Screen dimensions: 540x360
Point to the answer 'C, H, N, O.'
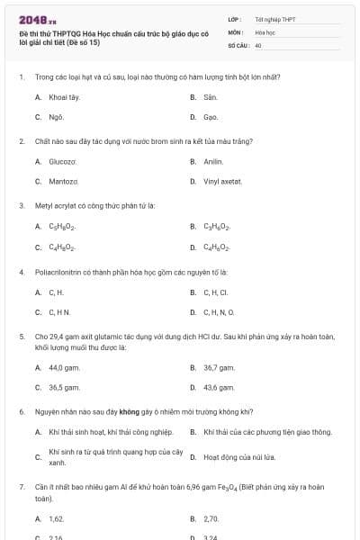pos(219,312)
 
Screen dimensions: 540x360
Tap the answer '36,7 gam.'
pos(220,367)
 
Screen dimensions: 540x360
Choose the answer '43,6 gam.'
pos(220,387)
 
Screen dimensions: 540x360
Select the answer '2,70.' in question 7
pos(211,519)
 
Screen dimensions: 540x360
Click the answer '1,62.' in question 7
pos(57,519)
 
